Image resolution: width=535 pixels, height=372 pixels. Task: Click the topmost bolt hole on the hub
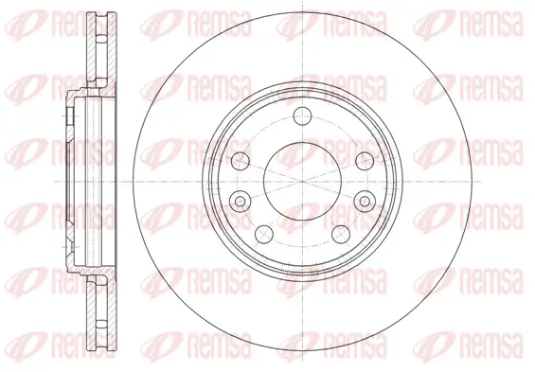click(x=302, y=116)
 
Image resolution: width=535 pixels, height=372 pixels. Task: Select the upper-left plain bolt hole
click(x=240, y=158)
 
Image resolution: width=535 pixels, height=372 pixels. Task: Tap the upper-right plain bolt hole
click(x=363, y=158)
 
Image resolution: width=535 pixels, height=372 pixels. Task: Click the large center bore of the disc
click(x=302, y=180)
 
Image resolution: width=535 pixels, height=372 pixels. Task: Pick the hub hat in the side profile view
click(x=76, y=180)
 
